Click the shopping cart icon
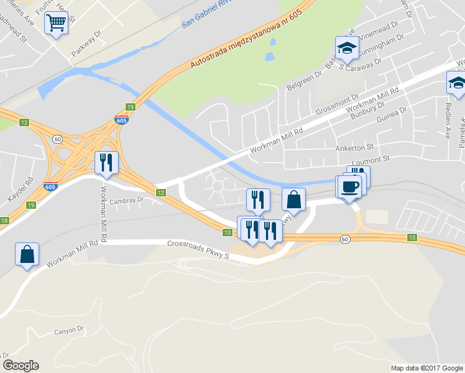pos(56,24)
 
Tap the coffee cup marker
pos(349,186)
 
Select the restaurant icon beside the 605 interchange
pos(105,162)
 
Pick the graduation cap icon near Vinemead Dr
pos(346,47)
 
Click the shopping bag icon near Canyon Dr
pos(27,254)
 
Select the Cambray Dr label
pos(126,201)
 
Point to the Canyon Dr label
pos(68,330)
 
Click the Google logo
pos(21,366)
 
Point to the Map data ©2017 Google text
pos(426,368)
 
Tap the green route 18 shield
pos(4,221)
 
